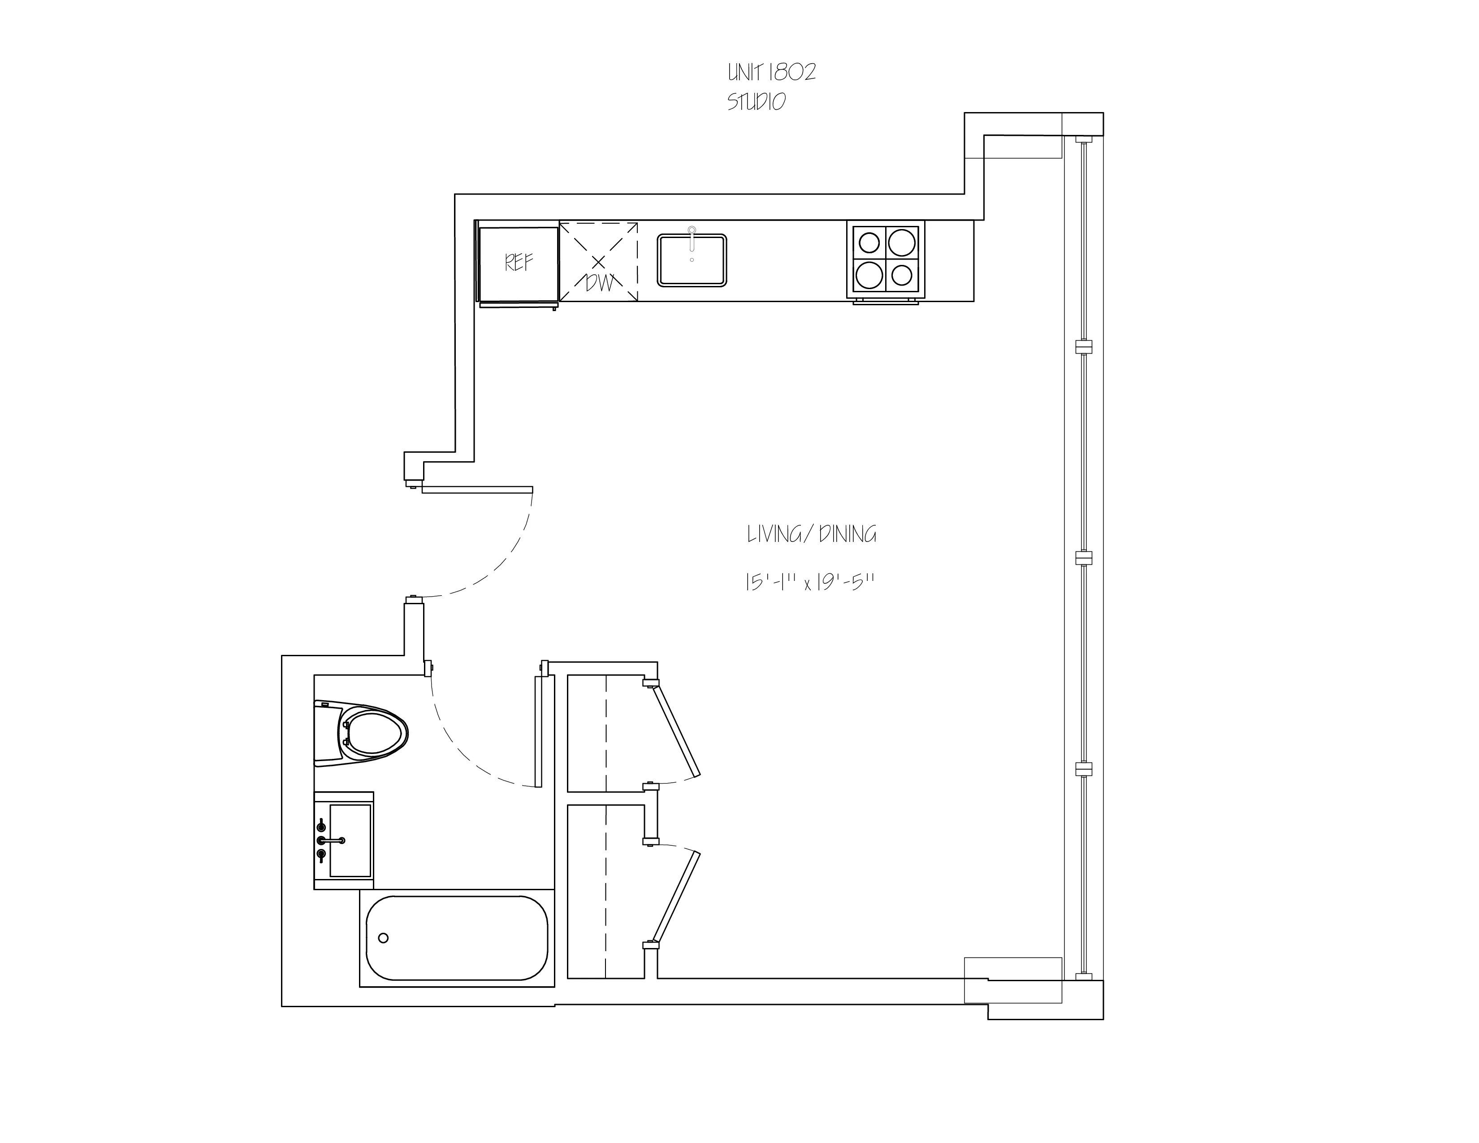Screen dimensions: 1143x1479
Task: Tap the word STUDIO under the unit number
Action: pos(757,102)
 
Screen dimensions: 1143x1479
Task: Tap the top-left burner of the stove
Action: pos(869,242)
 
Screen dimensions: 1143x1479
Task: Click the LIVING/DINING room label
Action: pos(811,535)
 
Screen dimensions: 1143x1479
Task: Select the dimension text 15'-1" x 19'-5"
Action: pos(810,582)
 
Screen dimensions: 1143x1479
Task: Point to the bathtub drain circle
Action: pos(383,938)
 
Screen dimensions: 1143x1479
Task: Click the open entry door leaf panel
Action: pos(477,489)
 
